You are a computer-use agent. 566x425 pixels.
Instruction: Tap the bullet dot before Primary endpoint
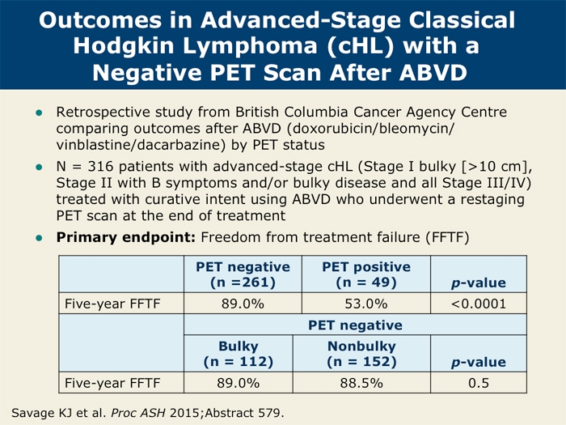coord(37,238)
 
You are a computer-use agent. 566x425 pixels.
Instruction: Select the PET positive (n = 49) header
coord(365,274)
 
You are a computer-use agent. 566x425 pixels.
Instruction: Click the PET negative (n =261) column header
coord(243,274)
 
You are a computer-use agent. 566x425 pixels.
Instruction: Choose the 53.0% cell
coord(365,304)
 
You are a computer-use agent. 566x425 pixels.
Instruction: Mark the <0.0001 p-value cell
coord(479,304)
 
